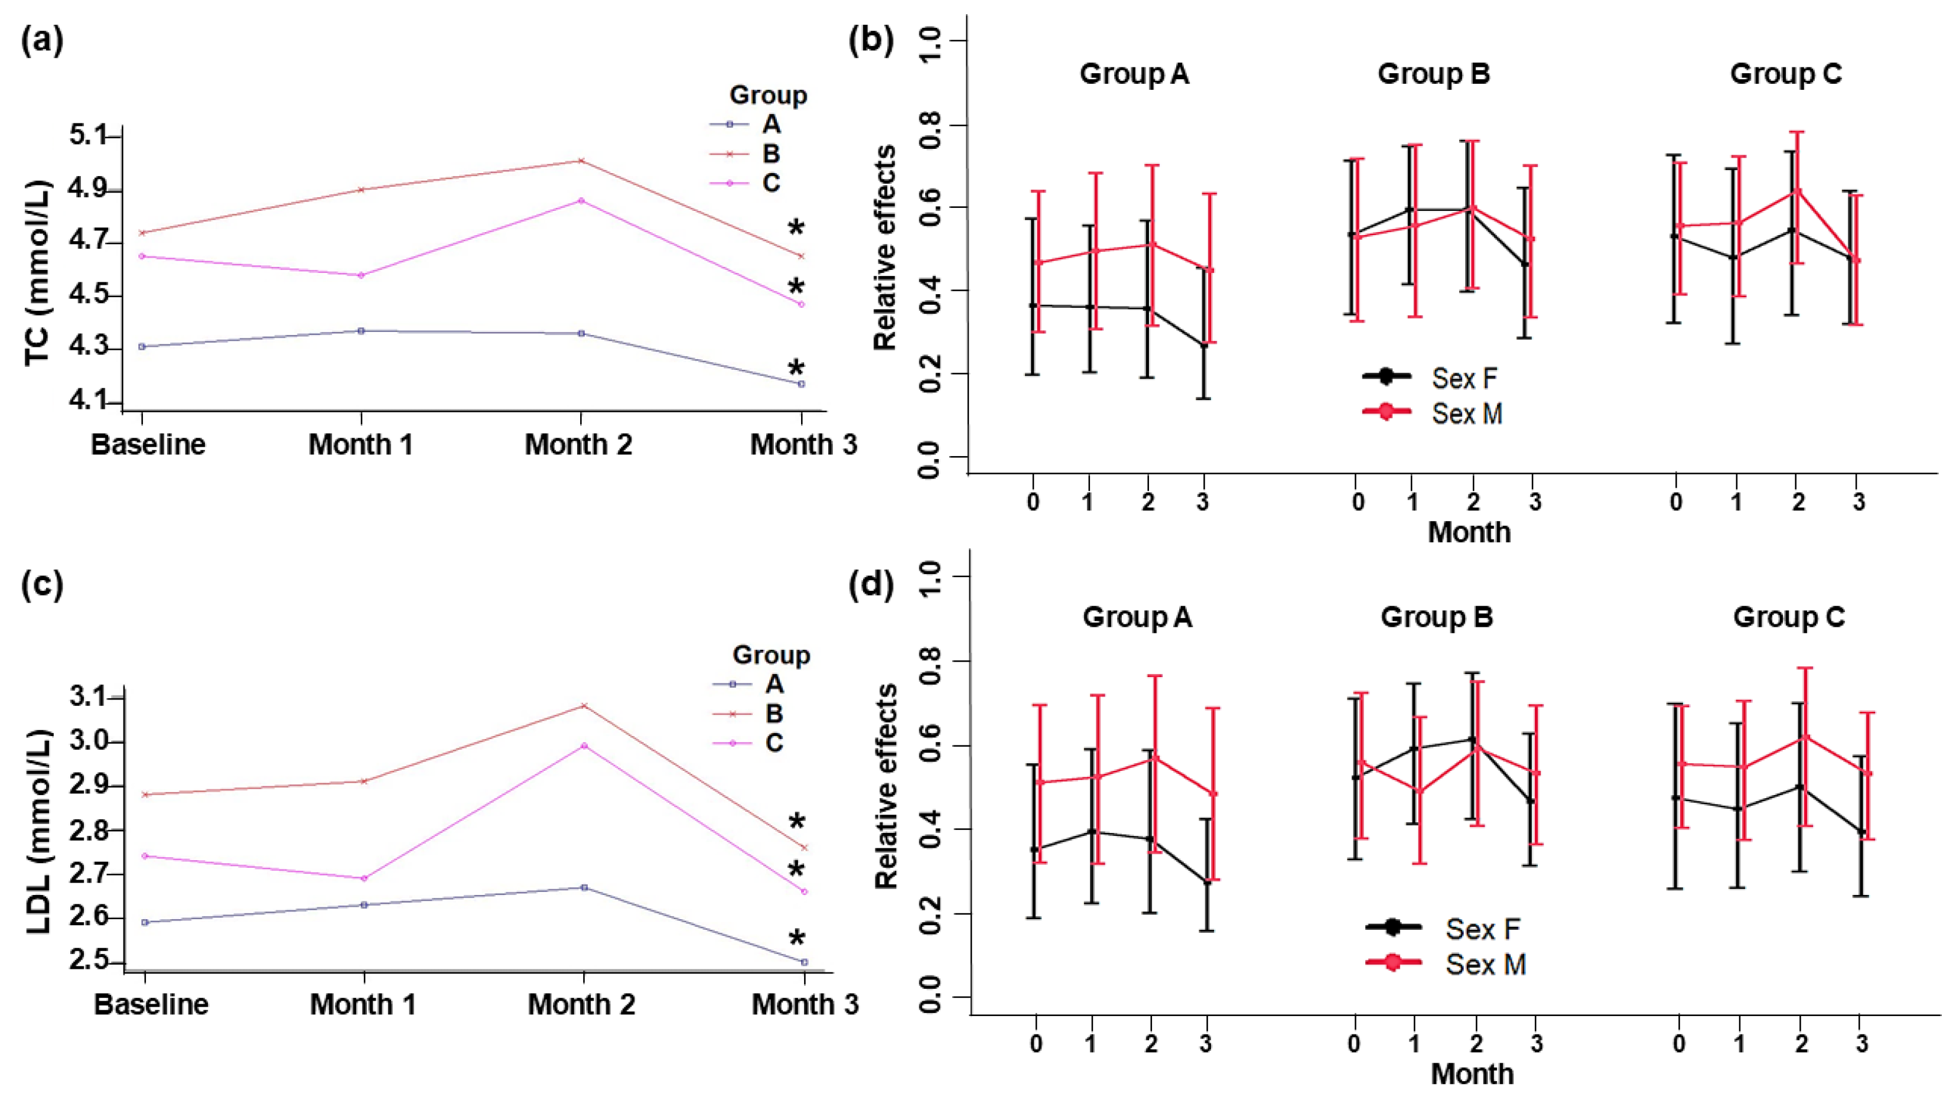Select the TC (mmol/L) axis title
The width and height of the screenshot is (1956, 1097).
click(x=38, y=272)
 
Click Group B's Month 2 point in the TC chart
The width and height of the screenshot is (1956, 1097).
click(x=581, y=161)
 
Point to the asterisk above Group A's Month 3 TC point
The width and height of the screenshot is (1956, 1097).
click(x=796, y=370)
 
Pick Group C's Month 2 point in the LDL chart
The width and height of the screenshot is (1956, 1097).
click(x=584, y=746)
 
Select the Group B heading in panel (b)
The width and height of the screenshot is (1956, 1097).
click(x=1434, y=74)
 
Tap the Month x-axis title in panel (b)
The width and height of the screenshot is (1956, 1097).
click(x=1469, y=532)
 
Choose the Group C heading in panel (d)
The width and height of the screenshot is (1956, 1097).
click(x=1788, y=617)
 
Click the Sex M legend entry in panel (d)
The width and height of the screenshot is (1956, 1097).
click(x=1485, y=964)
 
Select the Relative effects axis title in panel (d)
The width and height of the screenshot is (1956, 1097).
click(x=886, y=786)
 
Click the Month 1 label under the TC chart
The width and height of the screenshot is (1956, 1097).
click(x=361, y=445)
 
